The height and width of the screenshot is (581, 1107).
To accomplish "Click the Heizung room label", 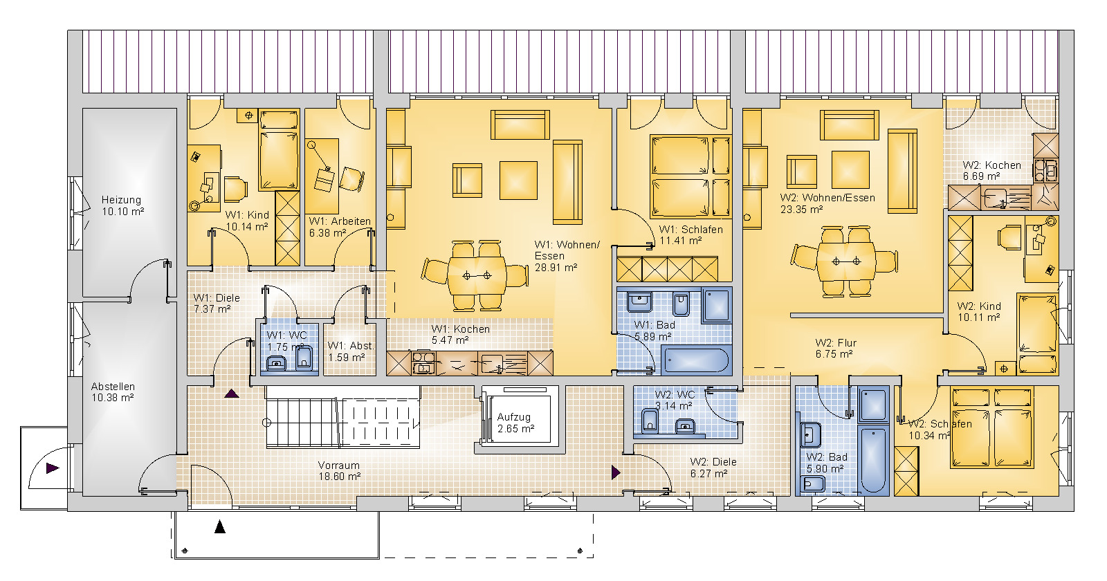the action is (122, 205).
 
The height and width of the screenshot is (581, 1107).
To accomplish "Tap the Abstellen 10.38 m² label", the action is (113, 391).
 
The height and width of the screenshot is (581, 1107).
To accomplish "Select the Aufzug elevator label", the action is (515, 423).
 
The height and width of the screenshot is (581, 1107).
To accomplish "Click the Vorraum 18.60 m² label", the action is (339, 471).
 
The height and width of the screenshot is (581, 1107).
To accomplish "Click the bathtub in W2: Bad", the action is (873, 460).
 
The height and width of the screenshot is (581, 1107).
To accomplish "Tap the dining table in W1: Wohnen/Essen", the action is (477, 275).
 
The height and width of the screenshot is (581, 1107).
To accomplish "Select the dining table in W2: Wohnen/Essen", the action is (845, 261).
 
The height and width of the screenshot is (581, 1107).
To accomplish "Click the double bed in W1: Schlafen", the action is (691, 176).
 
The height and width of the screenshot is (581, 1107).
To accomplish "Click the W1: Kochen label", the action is (460, 335).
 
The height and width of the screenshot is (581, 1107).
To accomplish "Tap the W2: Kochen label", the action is (991, 170).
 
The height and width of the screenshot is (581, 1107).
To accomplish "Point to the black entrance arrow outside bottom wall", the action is (220, 527).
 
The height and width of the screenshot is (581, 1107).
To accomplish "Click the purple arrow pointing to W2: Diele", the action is (616, 472).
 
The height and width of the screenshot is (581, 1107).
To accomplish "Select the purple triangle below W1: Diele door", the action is (232, 394).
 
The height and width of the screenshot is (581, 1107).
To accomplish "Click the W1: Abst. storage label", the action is (350, 351).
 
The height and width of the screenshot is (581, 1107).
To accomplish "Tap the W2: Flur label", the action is (835, 349).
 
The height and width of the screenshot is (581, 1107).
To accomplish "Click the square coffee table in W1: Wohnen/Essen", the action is (518, 181).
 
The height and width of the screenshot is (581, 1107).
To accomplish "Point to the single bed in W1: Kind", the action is (280, 149).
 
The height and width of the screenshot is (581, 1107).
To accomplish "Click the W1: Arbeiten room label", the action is (340, 227).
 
